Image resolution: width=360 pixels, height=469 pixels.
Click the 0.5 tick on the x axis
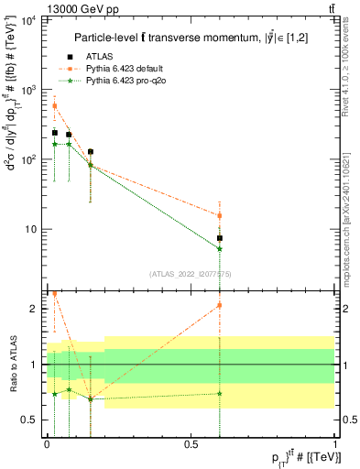click(x=191, y=442)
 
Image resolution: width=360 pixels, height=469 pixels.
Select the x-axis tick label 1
click(x=335, y=442)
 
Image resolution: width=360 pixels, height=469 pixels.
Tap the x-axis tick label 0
click(x=47, y=442)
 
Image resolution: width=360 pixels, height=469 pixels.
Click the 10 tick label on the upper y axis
click(x=33, y=229)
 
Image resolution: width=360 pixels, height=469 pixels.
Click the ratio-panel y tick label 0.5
click(x=34, y=420)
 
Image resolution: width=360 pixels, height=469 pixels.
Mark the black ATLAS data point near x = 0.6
click(x=220, y=238)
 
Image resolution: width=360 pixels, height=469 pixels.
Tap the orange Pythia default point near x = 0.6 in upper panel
click(x=220, y=216)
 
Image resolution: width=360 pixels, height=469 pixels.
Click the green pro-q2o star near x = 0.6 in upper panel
click(x=220, y=248)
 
